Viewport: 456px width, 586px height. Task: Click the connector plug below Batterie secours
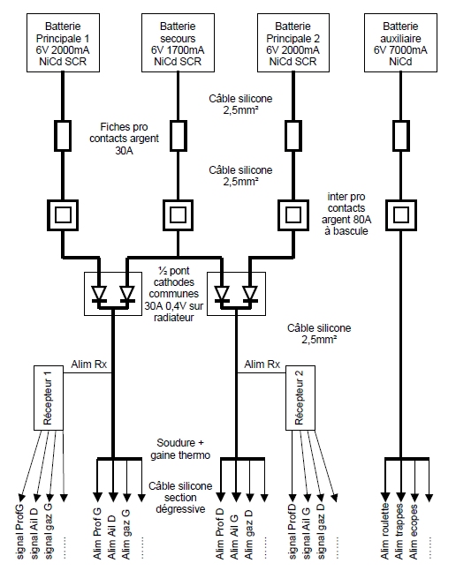pos(178,136)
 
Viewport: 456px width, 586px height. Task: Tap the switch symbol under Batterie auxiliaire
pos(401,215)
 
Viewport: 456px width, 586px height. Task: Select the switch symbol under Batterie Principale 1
pos(63,215)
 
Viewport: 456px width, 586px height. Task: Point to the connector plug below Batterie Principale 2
pos(293,136)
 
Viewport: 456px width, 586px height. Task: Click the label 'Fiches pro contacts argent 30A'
pos(125,139)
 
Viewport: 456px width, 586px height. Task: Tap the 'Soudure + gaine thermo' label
pos(180,449)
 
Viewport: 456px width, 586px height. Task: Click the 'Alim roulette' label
pos(385,531)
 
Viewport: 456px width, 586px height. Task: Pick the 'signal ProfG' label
pos(20,532)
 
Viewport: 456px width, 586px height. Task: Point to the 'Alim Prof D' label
pos(220,533)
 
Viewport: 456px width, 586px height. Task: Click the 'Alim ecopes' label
pos(414,532)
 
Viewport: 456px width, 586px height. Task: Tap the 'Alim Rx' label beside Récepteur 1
pos(89,364)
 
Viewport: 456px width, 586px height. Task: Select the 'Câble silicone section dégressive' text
pos(180,498)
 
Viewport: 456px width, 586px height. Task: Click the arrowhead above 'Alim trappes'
pos(400,497)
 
